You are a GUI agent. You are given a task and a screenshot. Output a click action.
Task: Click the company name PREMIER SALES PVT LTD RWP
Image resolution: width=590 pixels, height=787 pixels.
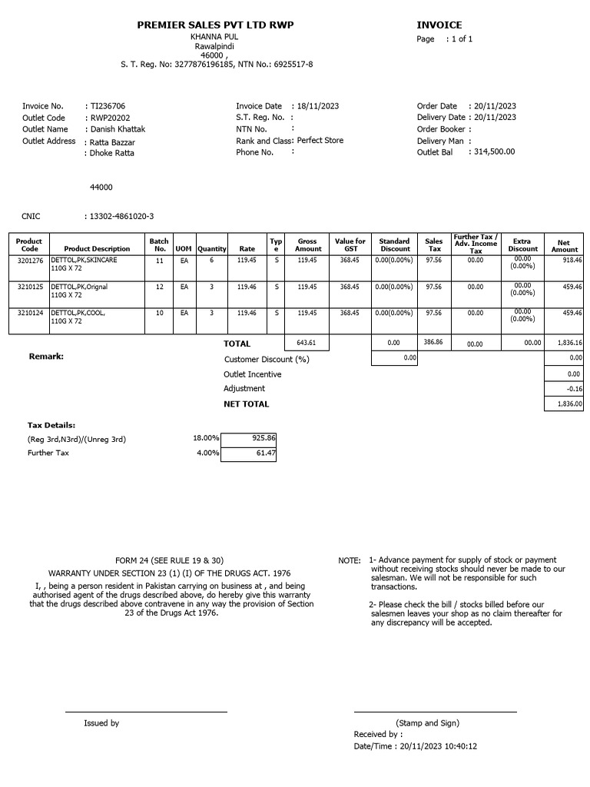click(215, 25)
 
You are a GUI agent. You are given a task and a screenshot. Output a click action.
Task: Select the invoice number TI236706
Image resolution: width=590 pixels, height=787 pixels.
click(108, 106)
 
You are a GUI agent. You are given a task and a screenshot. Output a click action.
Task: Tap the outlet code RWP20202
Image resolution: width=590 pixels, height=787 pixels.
click(110, 118)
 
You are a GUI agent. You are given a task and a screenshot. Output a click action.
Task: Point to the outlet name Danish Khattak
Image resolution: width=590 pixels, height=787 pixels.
click(118, 129)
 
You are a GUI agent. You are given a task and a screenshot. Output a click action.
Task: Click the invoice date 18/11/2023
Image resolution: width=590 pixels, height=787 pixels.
click(318, 106)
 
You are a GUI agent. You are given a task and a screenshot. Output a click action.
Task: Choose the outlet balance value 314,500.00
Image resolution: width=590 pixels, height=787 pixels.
click(495, 152)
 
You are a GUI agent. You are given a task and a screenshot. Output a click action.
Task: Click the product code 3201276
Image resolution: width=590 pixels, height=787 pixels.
click(29, 261)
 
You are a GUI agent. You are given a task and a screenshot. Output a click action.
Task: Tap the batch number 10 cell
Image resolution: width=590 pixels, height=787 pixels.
click(159, 313)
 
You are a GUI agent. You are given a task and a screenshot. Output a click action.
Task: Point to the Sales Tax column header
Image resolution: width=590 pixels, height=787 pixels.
click(434, 244)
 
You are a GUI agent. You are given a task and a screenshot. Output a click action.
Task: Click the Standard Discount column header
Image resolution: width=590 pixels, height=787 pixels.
click(394, 244)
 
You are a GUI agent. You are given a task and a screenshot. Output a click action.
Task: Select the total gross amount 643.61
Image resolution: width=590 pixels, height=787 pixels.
click(307, 343)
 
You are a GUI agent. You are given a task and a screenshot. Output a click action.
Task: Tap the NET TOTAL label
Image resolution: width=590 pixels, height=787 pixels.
click(246, 403)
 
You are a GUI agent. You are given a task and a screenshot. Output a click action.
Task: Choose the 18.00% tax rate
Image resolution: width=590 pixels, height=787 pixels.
click(205, 438)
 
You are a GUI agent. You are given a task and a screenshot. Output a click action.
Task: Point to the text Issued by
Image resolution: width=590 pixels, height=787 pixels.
click(101, 723)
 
